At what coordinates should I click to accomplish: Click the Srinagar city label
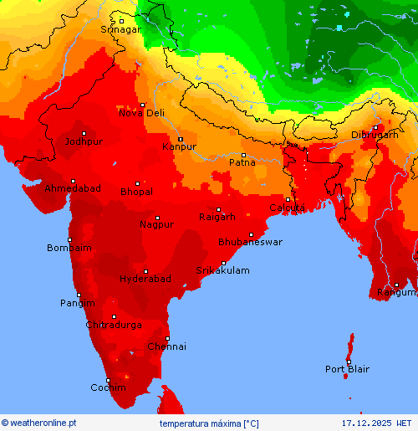click(x=120, y=29)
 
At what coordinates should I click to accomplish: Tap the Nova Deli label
click(x=142, y=113)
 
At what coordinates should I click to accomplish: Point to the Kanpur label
click(x=179, y=146)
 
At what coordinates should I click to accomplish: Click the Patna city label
click(x=242, y=162)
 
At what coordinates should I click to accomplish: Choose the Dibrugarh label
click(x=374, y=135)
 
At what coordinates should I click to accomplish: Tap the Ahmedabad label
click(x=73, y=189)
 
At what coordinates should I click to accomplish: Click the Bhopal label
click(x=136, y=192)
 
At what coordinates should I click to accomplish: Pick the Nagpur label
click(x=156, y=224)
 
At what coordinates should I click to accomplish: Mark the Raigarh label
click(x=217, y=218)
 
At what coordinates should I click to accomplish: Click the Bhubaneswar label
click(x=250, y=242)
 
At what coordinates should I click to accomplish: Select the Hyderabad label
click(x=145, y=279)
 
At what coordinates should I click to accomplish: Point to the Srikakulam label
click(x=222, y=270)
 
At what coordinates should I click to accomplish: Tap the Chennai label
click(x=167, y=346)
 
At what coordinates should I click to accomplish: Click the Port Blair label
click(x=346, y=369)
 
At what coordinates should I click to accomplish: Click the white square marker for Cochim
click(x=108, y=381)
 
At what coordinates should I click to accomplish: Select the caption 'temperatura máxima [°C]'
click(x=209, y=423)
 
